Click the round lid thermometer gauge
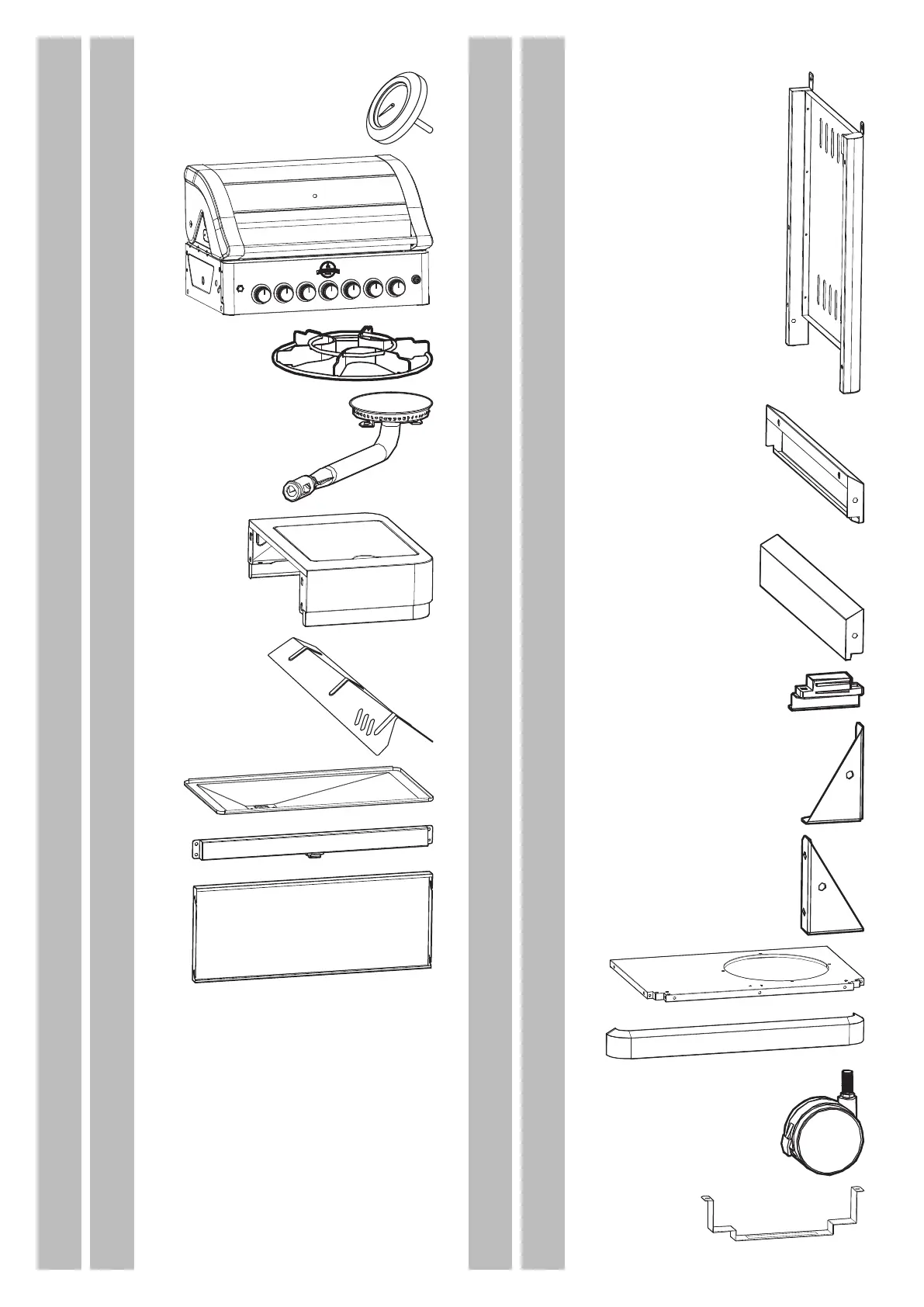(394, 106)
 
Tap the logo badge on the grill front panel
(328, 269)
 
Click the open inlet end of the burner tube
(292, 489)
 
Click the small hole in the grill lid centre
(313, 196)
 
